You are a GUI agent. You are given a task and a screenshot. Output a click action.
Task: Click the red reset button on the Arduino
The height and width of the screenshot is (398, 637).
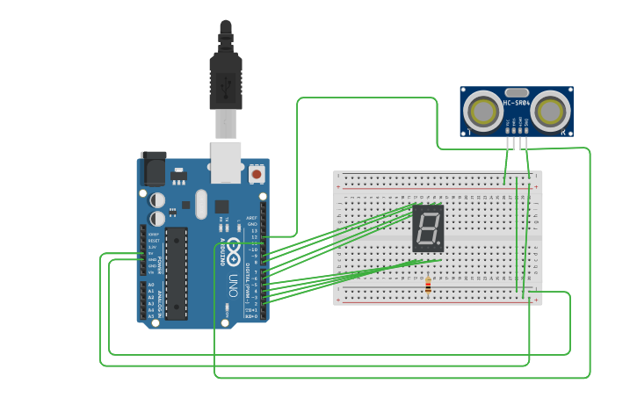tap(257, 174)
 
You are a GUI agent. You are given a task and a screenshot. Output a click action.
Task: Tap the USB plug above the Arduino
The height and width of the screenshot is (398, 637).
tap(226, 79)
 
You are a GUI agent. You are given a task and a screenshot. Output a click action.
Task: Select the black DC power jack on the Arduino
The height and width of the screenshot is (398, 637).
tap(153, 169)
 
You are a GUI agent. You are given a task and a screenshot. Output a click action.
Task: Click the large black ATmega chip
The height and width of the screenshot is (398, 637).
tap(176, 272)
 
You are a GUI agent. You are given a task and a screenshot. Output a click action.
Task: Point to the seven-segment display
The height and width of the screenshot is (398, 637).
tap(428, 228)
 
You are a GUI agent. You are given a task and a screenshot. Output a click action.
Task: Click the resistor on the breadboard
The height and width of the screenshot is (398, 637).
tap(428, 285)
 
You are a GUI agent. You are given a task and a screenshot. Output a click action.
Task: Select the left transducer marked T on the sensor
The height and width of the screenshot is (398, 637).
tap(482, 112)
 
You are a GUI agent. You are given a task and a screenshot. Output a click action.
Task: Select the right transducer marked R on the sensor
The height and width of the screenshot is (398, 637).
tap(551, 112)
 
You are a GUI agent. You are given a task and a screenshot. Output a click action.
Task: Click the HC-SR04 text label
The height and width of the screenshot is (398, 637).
tap(517, 104)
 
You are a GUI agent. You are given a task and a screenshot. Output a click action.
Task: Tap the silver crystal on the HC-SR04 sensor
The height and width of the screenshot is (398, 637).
tap(517, 92)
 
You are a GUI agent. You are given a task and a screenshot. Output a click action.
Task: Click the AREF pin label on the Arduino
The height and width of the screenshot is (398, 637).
tap(251, 217)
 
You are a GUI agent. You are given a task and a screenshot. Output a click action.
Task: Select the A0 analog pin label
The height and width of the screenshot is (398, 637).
tap(150, 285)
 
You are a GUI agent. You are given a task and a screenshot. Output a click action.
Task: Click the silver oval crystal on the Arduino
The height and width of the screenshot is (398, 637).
tap(201, 205)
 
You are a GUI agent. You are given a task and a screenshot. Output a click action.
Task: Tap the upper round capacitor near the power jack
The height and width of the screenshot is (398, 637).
tap(157, 200)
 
